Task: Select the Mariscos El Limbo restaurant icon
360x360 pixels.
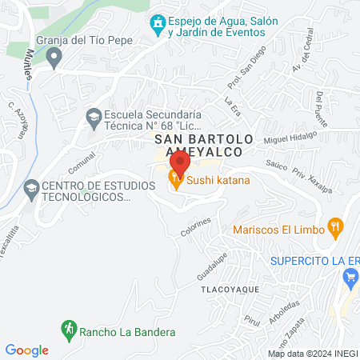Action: pyautogui.click(x=337, y=229)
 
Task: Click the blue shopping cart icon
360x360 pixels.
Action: pyautogui.click(x=350, y=278)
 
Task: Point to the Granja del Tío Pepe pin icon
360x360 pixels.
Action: pyautogui.click(x=54, y=56)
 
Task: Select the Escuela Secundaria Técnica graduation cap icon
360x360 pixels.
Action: pyautogui.click(x=94, y=118)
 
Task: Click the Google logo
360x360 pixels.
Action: pyautogui.click(x=26, y=350)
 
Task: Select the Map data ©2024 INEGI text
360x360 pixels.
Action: pyautogui.click(x=312, y=353)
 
